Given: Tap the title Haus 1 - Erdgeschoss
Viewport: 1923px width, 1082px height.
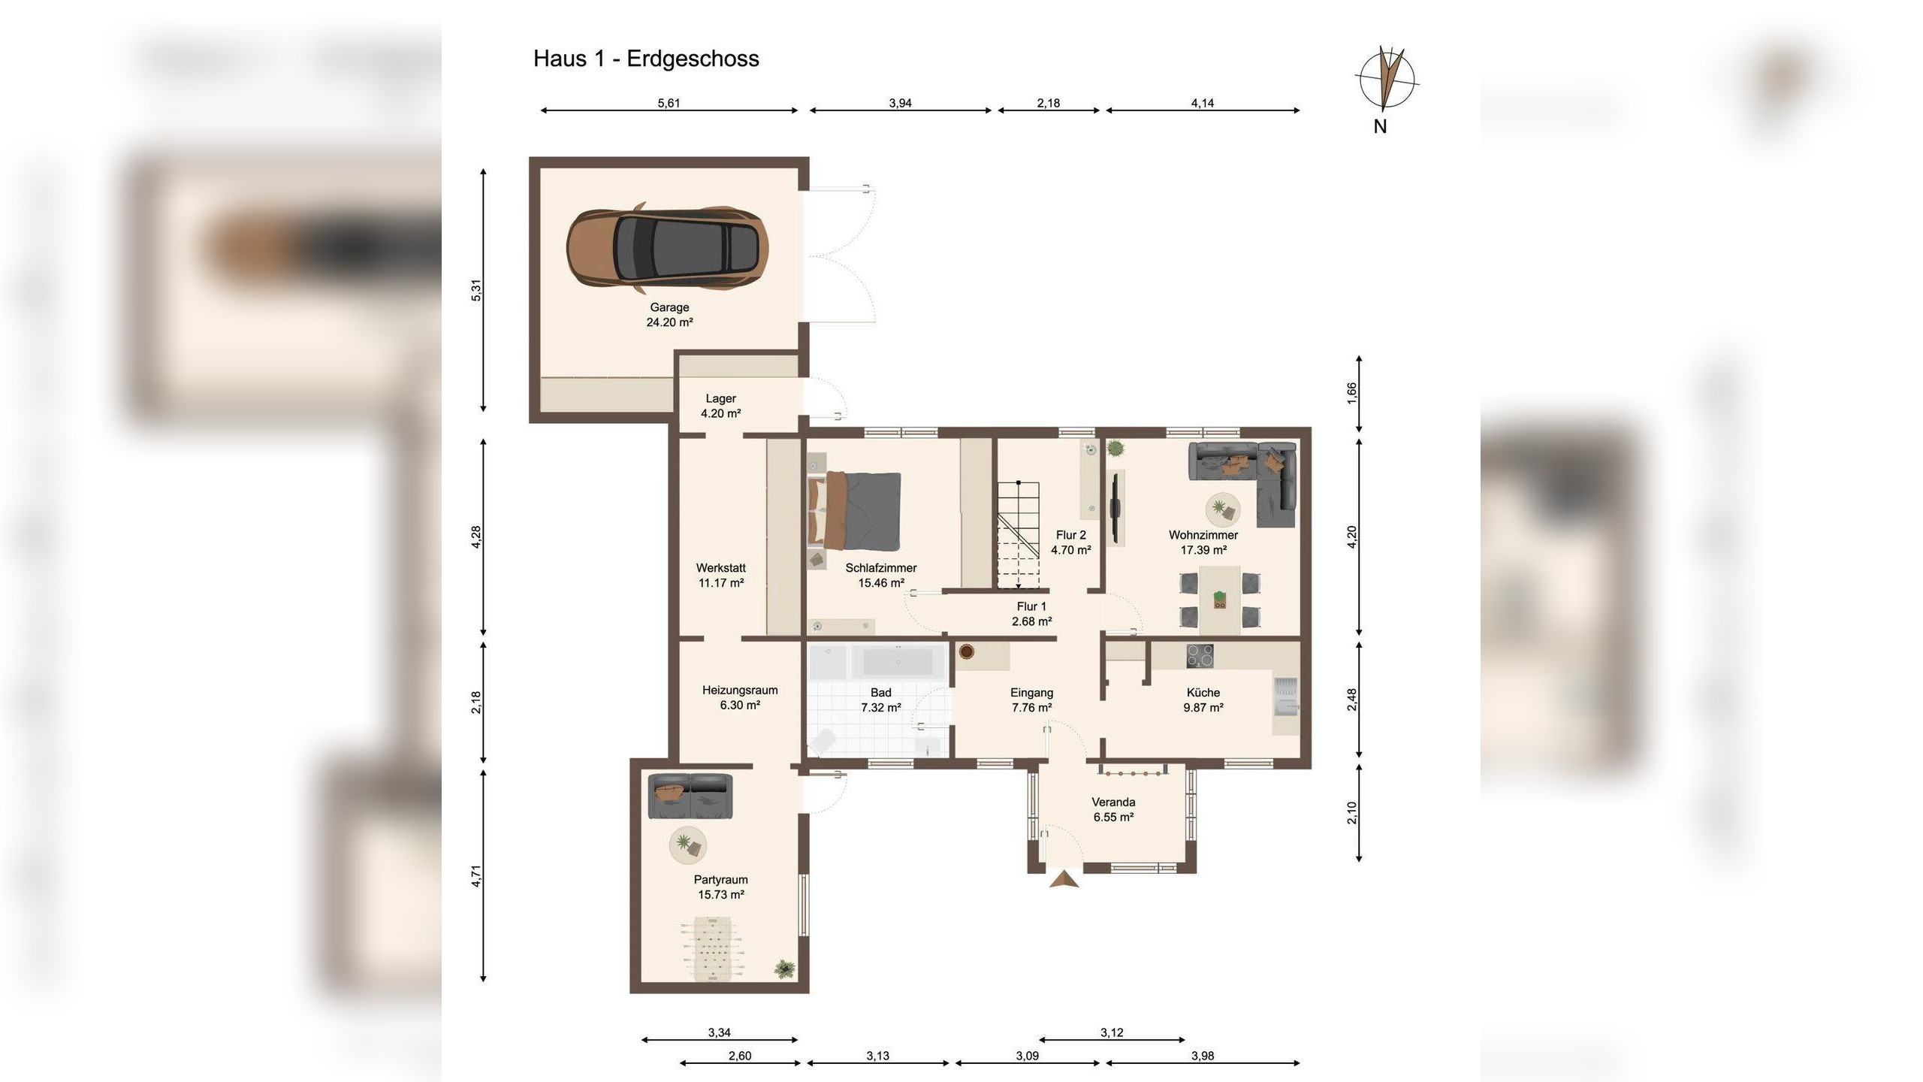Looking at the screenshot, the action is click(x=646, y=59).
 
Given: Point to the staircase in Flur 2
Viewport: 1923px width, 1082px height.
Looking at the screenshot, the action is click(x=1018, y=535).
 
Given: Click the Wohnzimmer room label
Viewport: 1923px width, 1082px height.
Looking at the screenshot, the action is click(x=1203, y=535).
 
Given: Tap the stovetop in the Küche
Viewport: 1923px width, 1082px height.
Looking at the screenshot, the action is click(x=1200, y=656).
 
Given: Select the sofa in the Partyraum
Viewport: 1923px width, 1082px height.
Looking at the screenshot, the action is click(x=690, y=796).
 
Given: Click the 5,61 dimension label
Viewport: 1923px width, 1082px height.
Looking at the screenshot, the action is click(x=669, y=103).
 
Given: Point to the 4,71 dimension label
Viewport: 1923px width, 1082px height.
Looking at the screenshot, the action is click(x=475, y=876).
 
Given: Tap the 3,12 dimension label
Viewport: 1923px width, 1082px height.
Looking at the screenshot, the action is click(x=1112, y=1032).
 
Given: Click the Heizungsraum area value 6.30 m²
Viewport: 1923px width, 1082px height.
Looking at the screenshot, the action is click(x=740, y=705).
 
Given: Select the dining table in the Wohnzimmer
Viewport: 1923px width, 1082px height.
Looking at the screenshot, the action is click(x=1219, y=600).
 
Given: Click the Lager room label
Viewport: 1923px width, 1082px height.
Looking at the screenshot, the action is click(x=720, y=399).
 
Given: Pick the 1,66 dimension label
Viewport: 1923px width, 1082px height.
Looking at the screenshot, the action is click(x=1351, y=394).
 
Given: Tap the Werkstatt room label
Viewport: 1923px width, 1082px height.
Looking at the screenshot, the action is click(x=721, y=568).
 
